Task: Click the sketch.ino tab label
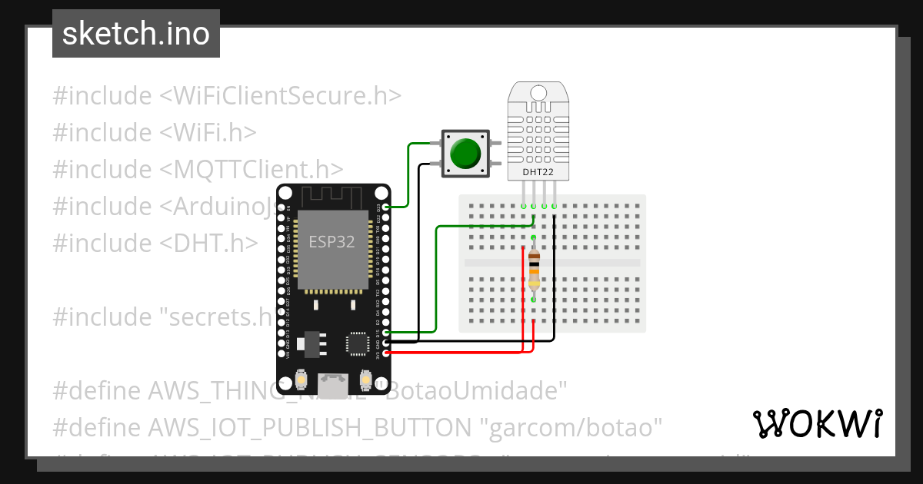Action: [136, 34]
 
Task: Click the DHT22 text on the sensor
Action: [538, 172]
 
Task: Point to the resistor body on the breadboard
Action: [534, 269]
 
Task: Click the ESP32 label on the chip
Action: [332, 241]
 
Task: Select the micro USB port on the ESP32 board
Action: [333, 384]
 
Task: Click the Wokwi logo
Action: [817, 423]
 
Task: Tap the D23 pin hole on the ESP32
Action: [385, 207]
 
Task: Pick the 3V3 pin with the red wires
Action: [385, 353]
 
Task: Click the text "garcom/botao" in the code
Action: [576, 427]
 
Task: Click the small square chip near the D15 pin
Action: [358, 343]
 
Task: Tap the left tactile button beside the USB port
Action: [302, 381]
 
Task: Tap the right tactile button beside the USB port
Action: [365, 381]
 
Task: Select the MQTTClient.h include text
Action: [252, 170]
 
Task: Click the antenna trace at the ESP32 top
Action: [332, 197]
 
